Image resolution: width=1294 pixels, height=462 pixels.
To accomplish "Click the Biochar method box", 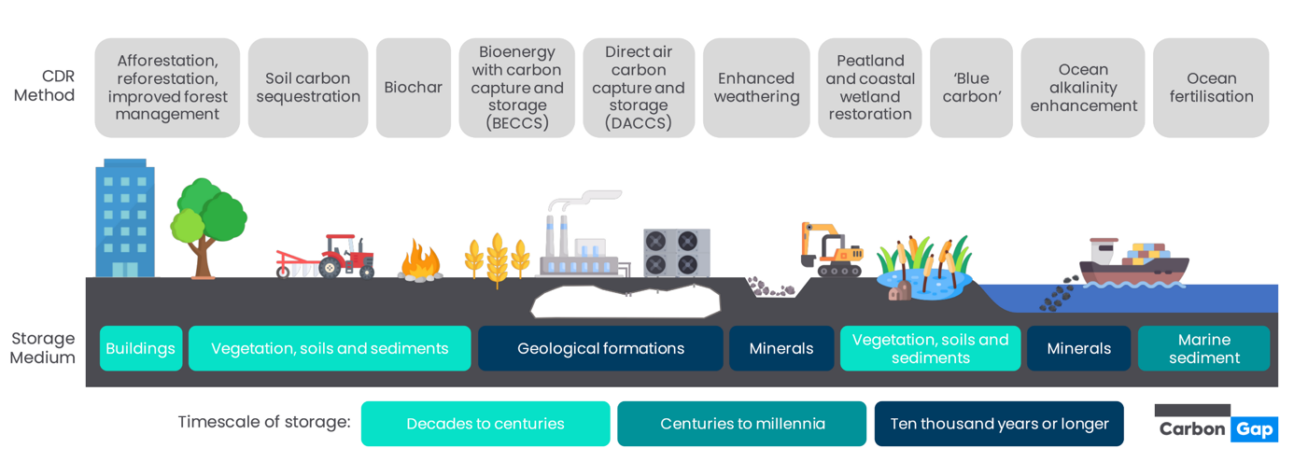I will (413, 88).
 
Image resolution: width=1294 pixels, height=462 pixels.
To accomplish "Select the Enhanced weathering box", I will (756, 88).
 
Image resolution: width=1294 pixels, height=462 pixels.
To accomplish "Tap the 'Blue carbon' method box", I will (971, 88).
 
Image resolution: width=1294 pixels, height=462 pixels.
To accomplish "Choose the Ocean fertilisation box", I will (1211, 88).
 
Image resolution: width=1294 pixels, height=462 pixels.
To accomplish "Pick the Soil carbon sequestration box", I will (308, 88).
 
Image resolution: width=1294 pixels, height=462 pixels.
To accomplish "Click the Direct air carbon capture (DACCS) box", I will (639, 88).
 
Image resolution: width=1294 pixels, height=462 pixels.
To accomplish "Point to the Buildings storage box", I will (140, 348).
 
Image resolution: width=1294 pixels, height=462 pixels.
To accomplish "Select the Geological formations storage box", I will (600, 348).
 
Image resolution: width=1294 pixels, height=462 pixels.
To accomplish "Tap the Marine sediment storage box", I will (1203, 348).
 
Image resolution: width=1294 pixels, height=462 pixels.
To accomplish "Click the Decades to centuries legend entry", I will (485, 424).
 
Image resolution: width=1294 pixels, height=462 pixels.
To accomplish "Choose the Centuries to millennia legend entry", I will (742, 424).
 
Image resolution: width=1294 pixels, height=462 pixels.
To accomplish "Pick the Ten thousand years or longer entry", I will (999, 424).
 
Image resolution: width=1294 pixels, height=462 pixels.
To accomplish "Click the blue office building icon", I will (124, 219).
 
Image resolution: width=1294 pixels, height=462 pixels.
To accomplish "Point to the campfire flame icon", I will (420, 261).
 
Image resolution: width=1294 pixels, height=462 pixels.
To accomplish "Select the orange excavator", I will (830, 250).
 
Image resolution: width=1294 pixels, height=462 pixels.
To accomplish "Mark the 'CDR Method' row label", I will (44, 86).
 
